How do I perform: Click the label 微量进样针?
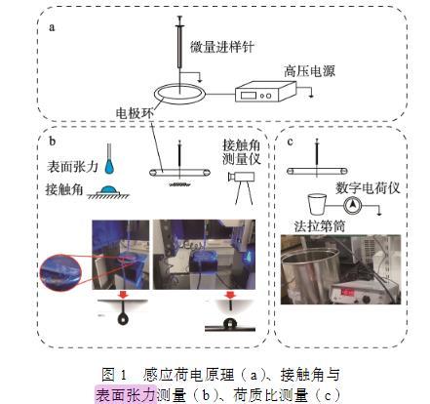coord(222,47)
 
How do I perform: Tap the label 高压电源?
coord(309,71)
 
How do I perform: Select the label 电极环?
coord(135,113)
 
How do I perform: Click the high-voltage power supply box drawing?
coord(265,91)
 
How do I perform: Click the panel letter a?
coord(52,27)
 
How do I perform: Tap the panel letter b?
coord(53,141)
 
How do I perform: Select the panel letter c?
coord(291,141)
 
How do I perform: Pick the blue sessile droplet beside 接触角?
coord(108,189)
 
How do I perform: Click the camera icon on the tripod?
coord(241,177)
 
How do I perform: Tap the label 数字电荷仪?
coord(368,188)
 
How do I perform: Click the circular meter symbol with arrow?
coord(353,206)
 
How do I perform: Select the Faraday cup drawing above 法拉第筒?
coord(317,204)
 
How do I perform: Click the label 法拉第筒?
coord(320,226)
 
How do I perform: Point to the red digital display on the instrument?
coord(347,292)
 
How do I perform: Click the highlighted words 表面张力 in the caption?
coord(126,395)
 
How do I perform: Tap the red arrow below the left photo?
coord(123,295)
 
